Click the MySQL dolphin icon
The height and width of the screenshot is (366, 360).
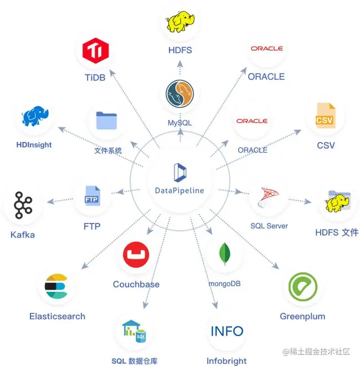point(180,94)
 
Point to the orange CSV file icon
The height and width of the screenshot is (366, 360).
point(325,117)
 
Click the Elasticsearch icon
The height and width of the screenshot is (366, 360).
point(56,287)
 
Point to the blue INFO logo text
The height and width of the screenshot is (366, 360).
point(227,331)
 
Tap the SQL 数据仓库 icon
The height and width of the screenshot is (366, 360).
point(134,332)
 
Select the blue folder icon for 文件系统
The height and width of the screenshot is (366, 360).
point(107,121)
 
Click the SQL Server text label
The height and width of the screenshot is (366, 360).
point(269,226)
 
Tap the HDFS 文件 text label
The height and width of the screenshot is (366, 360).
point(336,232)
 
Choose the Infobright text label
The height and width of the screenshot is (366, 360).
point(227,361)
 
